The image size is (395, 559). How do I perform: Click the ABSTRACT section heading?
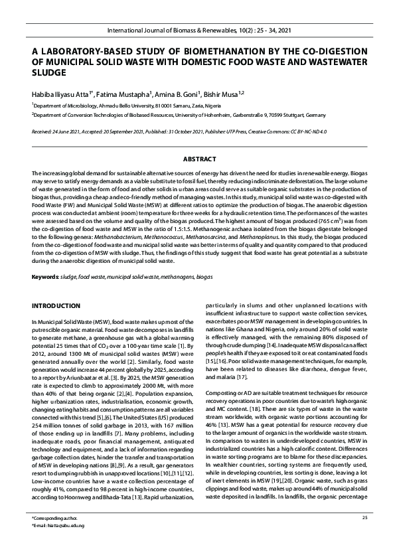point(197,159)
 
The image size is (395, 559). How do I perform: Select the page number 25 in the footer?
point(364,536)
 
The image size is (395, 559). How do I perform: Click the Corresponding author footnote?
point(53,536)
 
